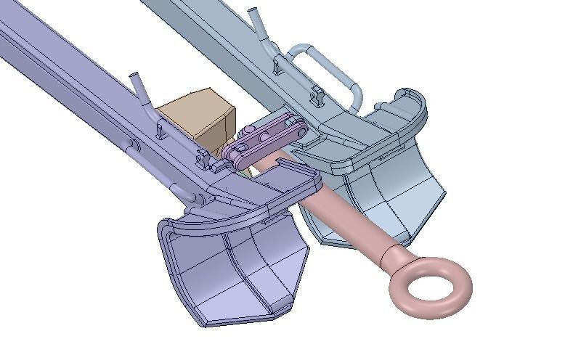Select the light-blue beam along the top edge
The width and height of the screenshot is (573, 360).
click(x=196, y=22)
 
